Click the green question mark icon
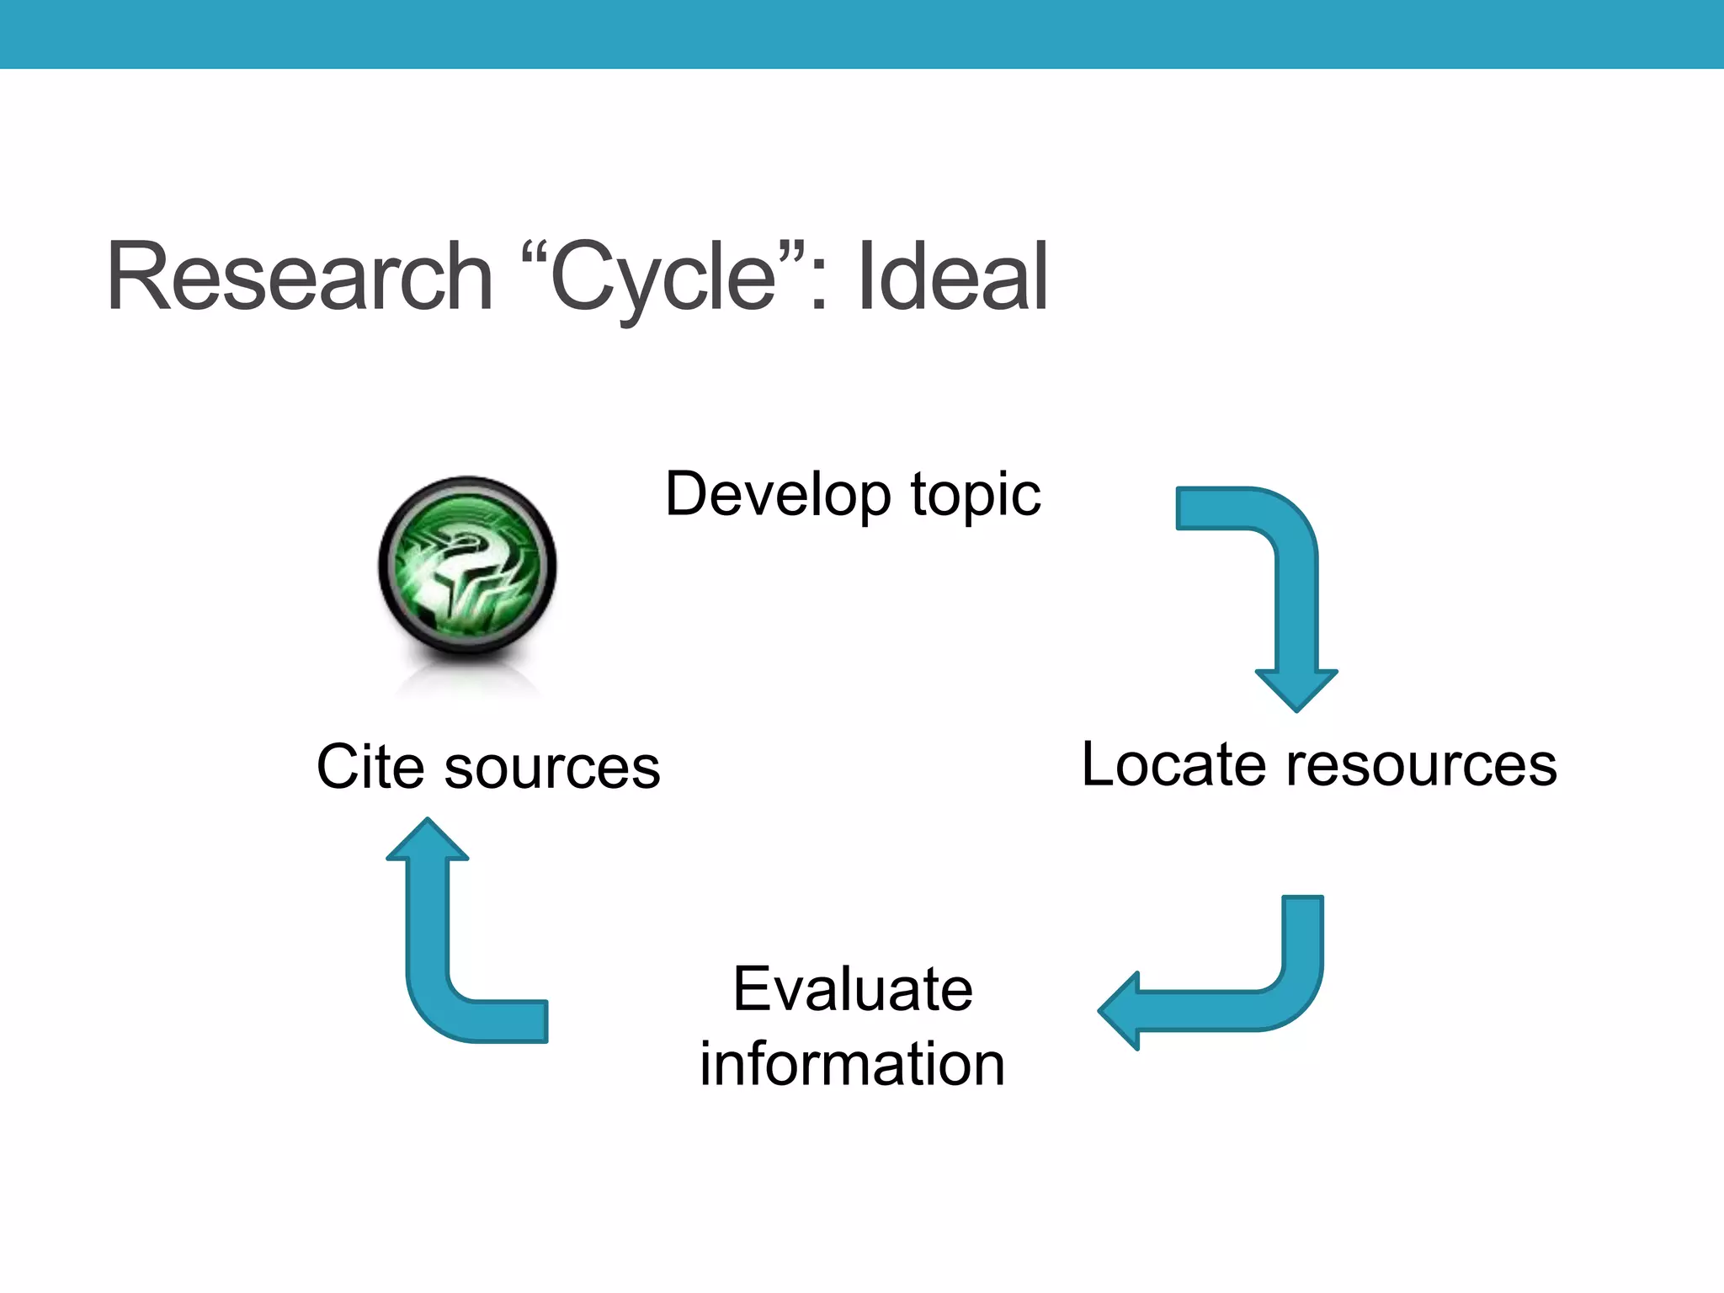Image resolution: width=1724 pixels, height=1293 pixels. pyautogui.click(x=467, y=565)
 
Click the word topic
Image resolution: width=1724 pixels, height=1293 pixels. pyautogui.click(x=976, y=496)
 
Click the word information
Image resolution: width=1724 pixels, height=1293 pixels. pyautogui.click(x=852, y=1064)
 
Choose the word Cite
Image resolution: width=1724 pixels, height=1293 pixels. pyautogui.click(x=370, y=767)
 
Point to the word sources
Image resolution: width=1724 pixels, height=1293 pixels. pyautogui.click(x=552, y=769)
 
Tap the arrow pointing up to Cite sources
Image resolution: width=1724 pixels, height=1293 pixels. pyautogui.click(x=446, y=968)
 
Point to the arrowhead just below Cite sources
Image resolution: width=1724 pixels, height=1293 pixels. pyautogui.click(x=428, y=841)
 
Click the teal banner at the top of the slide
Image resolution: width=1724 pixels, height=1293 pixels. pyautogui.click(x=862, y=34)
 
